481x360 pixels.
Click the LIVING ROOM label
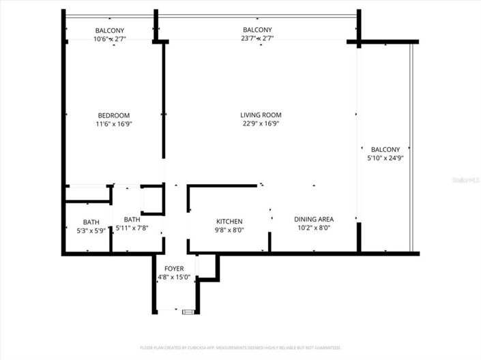point(261,115)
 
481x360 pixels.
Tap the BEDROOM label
point(113,115)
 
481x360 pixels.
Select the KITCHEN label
point(230,222)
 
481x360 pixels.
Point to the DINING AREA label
point(314,219)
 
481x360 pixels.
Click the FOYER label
point(174,269)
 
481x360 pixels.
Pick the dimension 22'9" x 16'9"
point(261,124)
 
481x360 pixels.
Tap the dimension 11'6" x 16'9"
point(113,124)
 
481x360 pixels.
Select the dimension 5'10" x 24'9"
point(385,158)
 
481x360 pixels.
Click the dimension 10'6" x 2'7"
point(110,39)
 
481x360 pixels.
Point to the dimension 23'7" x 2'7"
point(257,39)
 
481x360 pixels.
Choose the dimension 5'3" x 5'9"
point(91,230)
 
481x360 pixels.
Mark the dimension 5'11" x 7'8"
point(132,228)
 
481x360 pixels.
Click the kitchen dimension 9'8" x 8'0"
point(230,230)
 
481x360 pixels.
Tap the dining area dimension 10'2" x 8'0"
point(314,228)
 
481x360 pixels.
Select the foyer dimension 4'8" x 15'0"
point(174,277)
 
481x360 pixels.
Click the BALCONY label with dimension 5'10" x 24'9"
point(385,149)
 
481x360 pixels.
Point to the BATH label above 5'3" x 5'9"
point(91,222)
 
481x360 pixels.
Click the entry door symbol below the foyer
point(188,312)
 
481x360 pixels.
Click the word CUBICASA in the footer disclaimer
point(196,348)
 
